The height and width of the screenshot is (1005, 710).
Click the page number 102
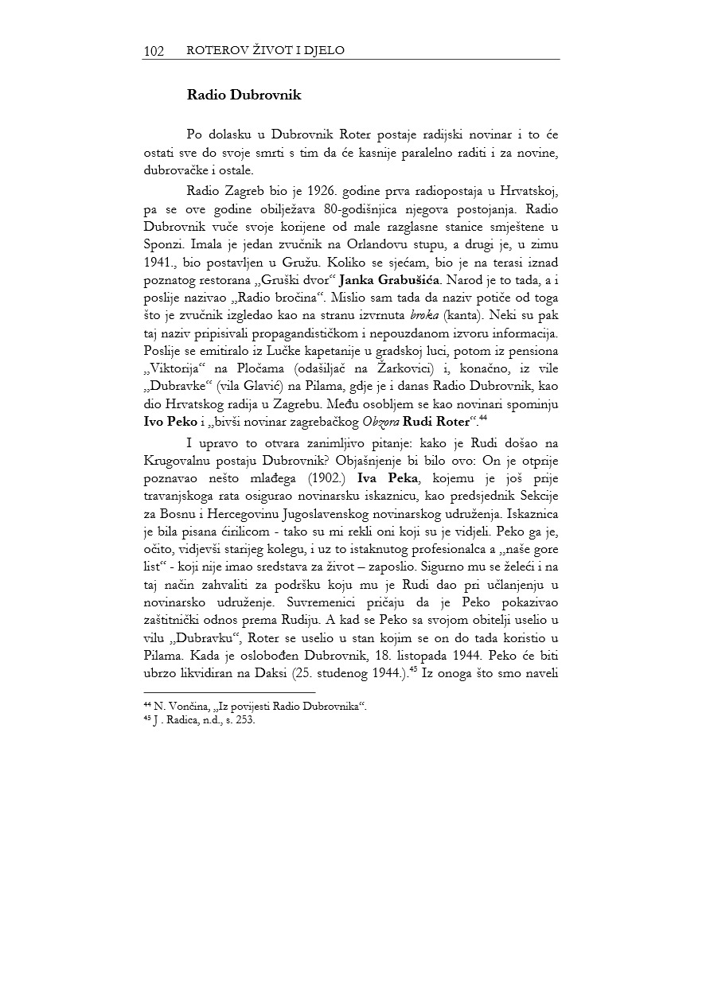(154, 51)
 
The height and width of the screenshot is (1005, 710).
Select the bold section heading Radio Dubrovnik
(244, 95)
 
